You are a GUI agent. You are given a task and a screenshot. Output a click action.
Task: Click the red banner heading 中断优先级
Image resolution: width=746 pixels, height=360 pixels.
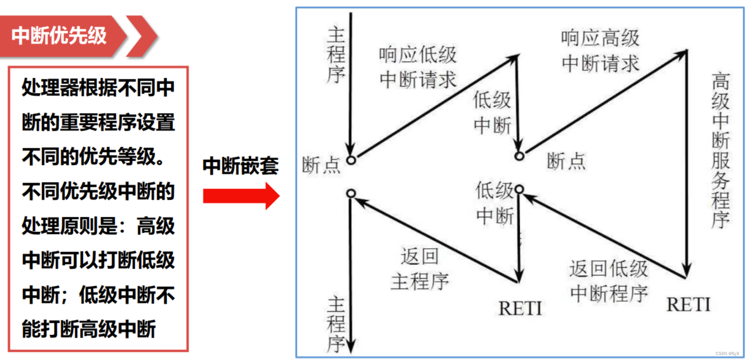click(59, 36)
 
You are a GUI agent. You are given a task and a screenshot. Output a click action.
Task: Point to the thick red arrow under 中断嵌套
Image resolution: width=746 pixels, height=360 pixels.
click(241, 196)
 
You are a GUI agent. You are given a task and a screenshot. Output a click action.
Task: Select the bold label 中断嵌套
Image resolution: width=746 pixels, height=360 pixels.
click(240, 166)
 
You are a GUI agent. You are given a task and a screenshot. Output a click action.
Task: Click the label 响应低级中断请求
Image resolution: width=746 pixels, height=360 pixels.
click(418, 67)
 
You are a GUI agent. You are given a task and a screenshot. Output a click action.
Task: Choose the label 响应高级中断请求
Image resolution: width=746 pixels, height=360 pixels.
click(600, 51)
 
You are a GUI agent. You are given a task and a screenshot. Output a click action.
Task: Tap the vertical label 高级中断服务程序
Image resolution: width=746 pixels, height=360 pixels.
click(720, 150)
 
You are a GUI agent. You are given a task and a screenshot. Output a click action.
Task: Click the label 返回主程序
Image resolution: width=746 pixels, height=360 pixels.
click(420, 269)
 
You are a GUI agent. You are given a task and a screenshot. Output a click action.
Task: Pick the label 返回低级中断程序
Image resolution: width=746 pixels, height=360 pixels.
click(608, 281)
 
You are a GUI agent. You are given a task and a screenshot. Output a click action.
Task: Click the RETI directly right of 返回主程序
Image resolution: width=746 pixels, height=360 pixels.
click(520, 309)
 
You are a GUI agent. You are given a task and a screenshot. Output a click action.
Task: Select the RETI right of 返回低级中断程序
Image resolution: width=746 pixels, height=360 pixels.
click(688, 305)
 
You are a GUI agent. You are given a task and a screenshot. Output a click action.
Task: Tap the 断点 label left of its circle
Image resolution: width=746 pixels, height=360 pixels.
click(321, 165)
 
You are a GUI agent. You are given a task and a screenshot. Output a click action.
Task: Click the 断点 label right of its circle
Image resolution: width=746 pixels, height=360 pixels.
click(566, 161)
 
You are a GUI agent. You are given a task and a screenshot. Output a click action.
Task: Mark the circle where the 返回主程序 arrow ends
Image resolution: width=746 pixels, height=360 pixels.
click(351, 193)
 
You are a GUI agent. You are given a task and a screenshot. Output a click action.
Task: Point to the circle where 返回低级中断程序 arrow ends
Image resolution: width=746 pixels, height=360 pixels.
click(519, 189)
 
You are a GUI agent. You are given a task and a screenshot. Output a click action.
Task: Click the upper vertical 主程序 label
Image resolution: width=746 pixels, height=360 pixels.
click(336, 55)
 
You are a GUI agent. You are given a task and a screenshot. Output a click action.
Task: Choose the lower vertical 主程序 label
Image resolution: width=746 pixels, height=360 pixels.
click(336, 324)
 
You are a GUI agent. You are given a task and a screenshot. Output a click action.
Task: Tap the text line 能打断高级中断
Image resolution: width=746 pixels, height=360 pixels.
click(89, 329)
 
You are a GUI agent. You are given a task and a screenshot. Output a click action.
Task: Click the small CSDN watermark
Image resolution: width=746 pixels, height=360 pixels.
click(727, 353)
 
